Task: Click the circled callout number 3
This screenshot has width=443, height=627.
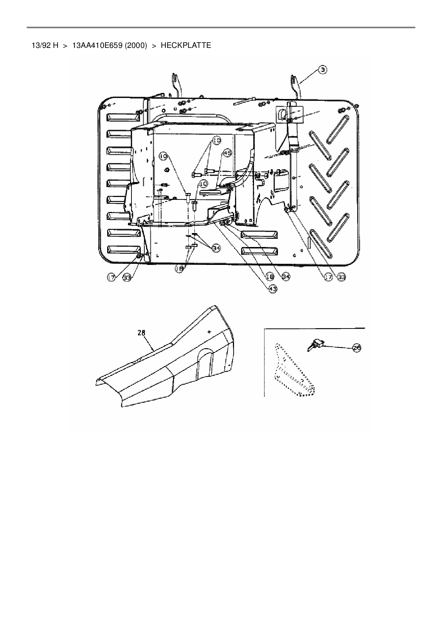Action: (322, 70)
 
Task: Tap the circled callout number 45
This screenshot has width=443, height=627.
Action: (227, 153)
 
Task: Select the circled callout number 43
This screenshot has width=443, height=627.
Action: (273, 289)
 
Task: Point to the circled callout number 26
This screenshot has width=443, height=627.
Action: (357, 347)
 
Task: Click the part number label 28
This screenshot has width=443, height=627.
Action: (142, 333)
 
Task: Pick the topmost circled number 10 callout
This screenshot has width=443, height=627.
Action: (216, 141)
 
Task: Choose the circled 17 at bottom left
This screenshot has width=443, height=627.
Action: (112, 277)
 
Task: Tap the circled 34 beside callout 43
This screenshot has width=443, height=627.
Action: (285, 276)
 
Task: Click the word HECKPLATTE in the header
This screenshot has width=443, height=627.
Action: (186, 45)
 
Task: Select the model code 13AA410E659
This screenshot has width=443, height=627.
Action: (98, 45)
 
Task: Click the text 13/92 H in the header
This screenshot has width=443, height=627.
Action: (45, 45)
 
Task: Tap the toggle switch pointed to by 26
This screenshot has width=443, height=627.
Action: (315, 346)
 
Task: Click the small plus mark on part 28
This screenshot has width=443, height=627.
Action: (209, 332)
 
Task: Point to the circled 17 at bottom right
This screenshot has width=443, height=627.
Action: (328, 277)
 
